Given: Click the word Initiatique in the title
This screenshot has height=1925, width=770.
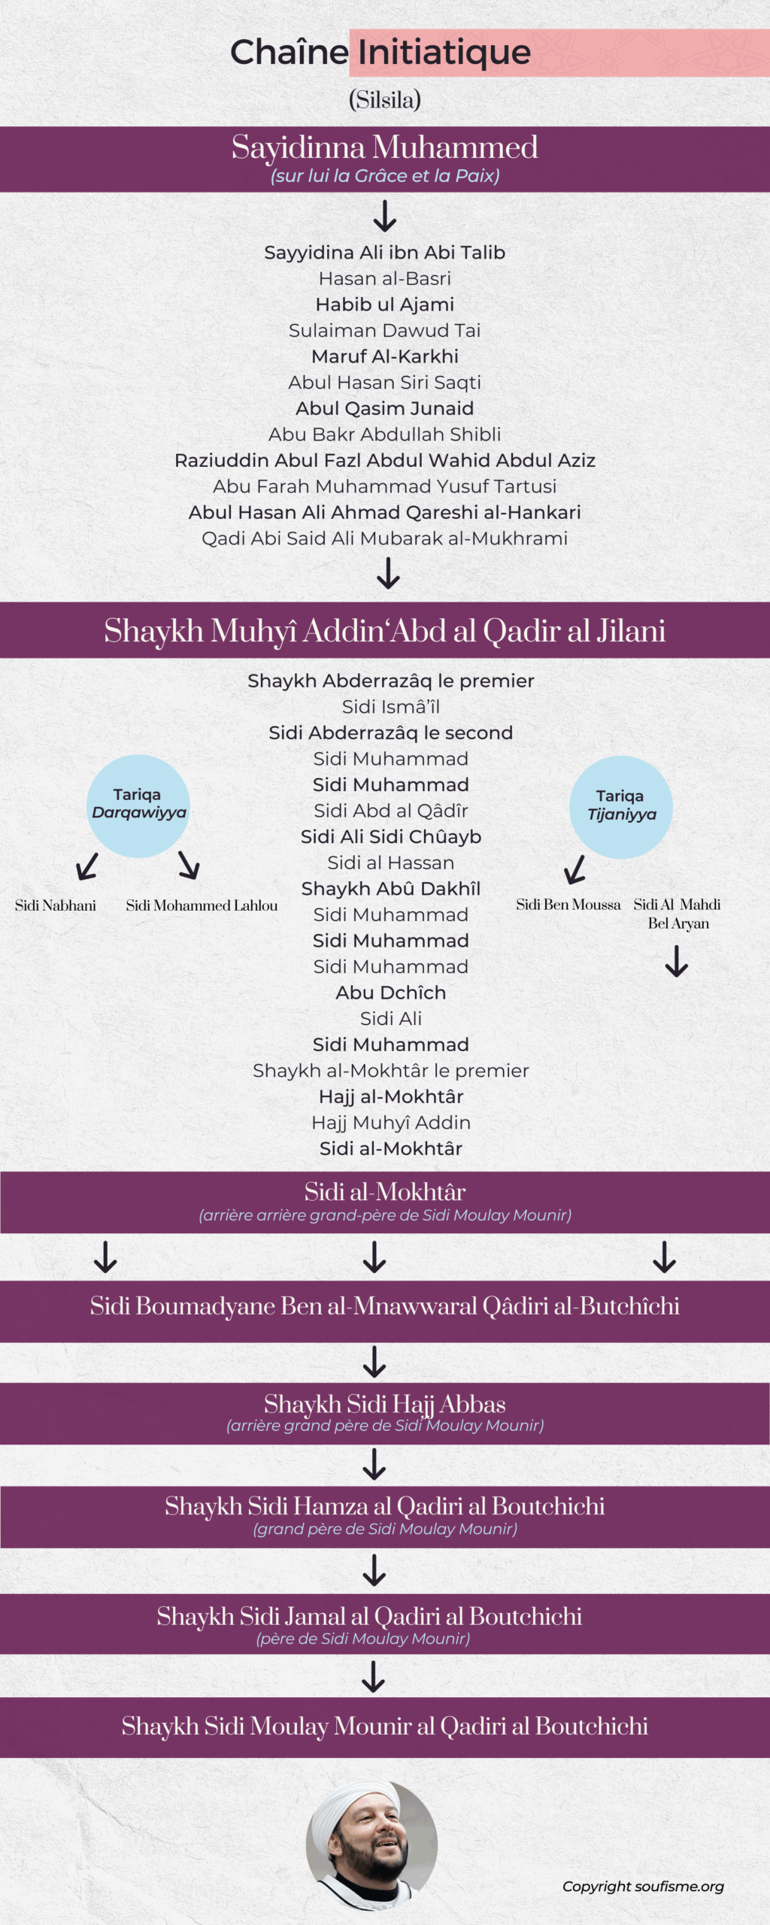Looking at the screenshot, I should (x=444, y=53).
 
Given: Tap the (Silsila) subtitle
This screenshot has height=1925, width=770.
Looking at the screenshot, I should (x=384, y=100).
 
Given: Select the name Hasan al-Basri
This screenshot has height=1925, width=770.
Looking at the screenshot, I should (x=384, y=278).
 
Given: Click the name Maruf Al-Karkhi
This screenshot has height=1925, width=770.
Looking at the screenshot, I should (x=384, y=356).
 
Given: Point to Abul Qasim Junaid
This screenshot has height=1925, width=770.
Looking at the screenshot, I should (x=384, y=408).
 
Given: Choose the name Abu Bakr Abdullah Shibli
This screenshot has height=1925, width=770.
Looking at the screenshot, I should (x=384, y=435).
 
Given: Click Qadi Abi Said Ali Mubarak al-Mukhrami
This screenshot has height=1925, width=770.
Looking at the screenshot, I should (x=384, y=538).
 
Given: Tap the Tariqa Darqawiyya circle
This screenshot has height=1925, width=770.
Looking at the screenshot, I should (x=138, y=805).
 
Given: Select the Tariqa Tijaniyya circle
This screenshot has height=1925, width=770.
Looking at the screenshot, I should (x=621, y=807).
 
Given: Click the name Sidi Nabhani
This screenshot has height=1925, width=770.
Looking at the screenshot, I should (x=56, y=905).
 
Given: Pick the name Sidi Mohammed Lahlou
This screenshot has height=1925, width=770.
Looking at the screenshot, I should (x=202, y=905).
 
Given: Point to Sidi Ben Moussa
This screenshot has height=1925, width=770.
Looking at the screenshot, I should (x=568, y=905).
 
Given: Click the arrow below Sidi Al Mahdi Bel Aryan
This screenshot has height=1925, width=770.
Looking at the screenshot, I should (x=677, y=961).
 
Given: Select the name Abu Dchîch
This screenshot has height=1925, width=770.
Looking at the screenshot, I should (x=390, y=993).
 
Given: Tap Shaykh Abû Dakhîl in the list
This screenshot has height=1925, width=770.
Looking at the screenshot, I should (x=390, y=889).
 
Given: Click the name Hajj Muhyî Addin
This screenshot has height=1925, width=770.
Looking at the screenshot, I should (x=390, y=1123).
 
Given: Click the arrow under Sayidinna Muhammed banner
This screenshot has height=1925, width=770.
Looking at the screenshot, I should (x=385, y=216).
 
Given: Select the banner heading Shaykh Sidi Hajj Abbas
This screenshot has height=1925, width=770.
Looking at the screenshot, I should (x=384, y=1404).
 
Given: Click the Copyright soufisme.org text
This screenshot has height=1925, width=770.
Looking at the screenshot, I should (x=643, y=1886).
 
